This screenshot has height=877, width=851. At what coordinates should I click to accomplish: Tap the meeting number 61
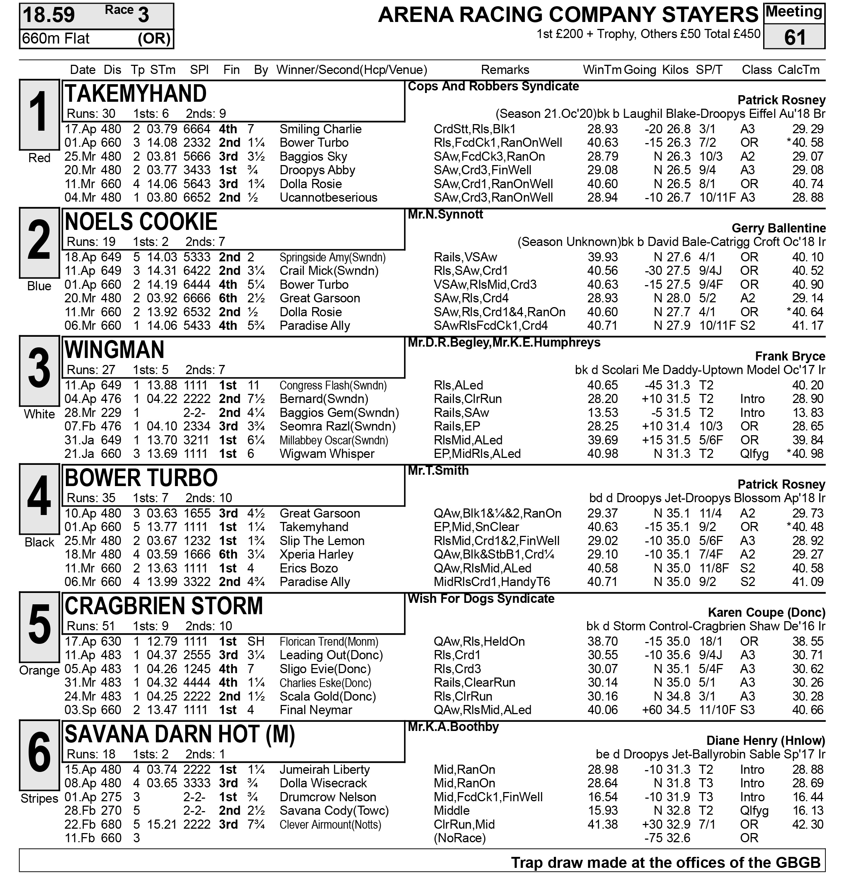click(794, 38)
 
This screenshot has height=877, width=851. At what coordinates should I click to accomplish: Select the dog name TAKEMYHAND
click(135, 94)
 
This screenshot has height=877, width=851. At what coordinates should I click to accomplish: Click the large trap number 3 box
click(40, 370)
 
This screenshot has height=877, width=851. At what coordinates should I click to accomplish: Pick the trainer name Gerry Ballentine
click(779, 228)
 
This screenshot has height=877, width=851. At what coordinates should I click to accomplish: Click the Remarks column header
click(505, 70)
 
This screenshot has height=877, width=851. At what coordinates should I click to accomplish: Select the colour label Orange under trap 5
click(40, 670)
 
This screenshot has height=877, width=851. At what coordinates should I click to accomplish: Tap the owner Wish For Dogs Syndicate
click(481, 599)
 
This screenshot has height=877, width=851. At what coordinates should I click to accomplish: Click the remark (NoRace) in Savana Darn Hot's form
click(459, 837)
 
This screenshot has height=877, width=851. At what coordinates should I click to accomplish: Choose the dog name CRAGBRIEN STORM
click(164, 606)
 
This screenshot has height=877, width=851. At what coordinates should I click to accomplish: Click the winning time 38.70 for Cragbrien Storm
click(602, 641)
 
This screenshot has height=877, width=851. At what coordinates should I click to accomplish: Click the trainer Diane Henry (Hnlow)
click(766, 740)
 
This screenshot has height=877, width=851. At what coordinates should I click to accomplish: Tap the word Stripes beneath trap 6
click(40, 798)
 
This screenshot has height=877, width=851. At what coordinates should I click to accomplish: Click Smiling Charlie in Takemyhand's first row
click(320, 129)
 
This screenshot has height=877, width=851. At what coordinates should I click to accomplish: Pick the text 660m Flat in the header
click(56, 39)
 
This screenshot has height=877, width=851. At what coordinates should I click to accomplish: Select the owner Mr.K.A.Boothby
click(453, 727)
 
